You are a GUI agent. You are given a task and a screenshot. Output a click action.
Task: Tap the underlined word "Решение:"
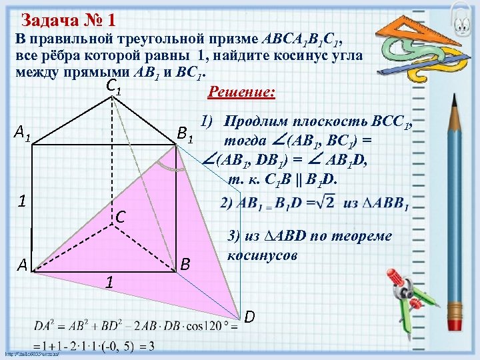click(x=241, y=91)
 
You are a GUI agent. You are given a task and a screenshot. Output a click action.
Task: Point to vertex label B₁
click(x=185, y=135)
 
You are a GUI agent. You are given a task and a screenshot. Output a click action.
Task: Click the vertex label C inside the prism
click(x=121, y=216)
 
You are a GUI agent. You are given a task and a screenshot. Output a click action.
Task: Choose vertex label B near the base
click(x=186, y=265)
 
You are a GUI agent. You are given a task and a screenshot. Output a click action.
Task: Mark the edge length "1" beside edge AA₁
click(x=21, y=201)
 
